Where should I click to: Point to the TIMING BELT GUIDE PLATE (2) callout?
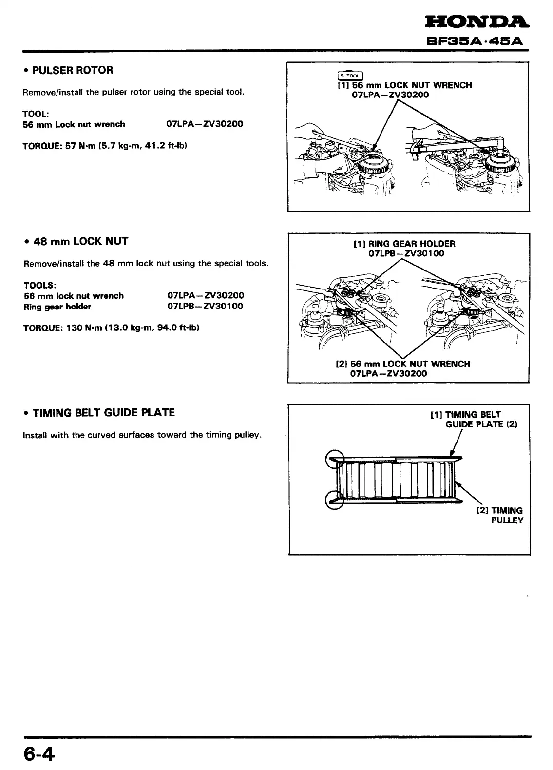pyautogui.click(x=474, y=419)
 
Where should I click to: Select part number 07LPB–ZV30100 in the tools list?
pyautogui.click(x=206, y=307)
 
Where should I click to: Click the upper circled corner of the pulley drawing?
pyautogui.click(x=335, y=459)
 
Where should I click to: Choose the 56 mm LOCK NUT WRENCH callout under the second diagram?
pyautogui.click(x=403, y=368)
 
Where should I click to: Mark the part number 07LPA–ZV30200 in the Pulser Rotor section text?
pyautogui.click(x=205, y=124)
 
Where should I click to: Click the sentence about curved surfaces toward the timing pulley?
pyautogui.click(x=143, y=435)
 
